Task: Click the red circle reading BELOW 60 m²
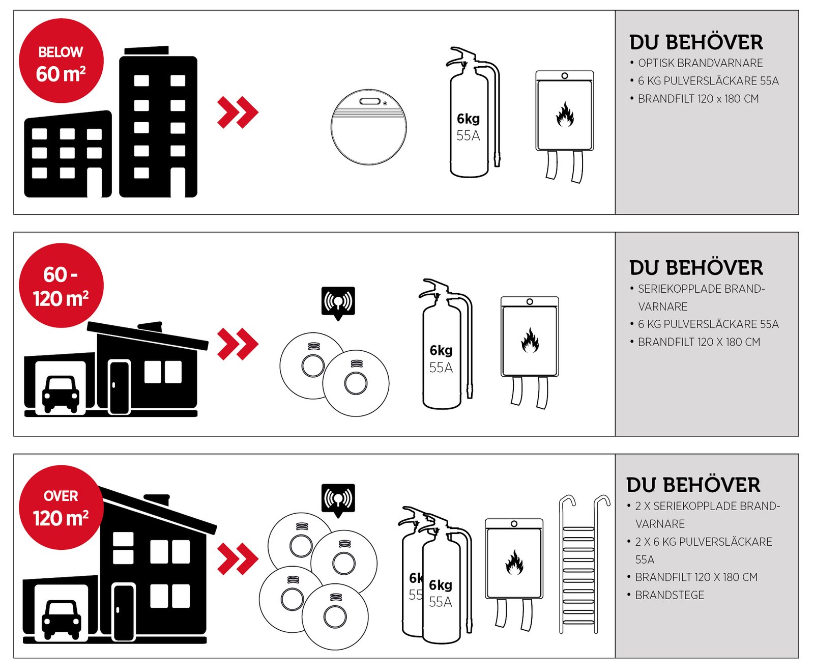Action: click(61, 61)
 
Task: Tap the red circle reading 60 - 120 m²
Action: click(61, 286)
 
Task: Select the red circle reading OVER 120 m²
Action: click(61, 508)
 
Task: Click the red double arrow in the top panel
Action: click(238, 112)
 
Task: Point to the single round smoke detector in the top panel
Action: click(369, 127)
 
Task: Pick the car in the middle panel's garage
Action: click(61, 394)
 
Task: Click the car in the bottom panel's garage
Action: click(62, 619)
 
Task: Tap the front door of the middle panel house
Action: click(119, 387)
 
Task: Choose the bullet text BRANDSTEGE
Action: click(670, 595)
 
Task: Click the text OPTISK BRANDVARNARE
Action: click(701, 63)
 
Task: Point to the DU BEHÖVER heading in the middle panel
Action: click(696, 268)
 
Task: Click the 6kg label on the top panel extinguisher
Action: click(468, 119)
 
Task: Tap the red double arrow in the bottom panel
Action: click(238, 559)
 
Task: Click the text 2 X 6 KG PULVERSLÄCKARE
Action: click(704, 542)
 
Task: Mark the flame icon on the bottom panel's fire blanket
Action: click(514, 562)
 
